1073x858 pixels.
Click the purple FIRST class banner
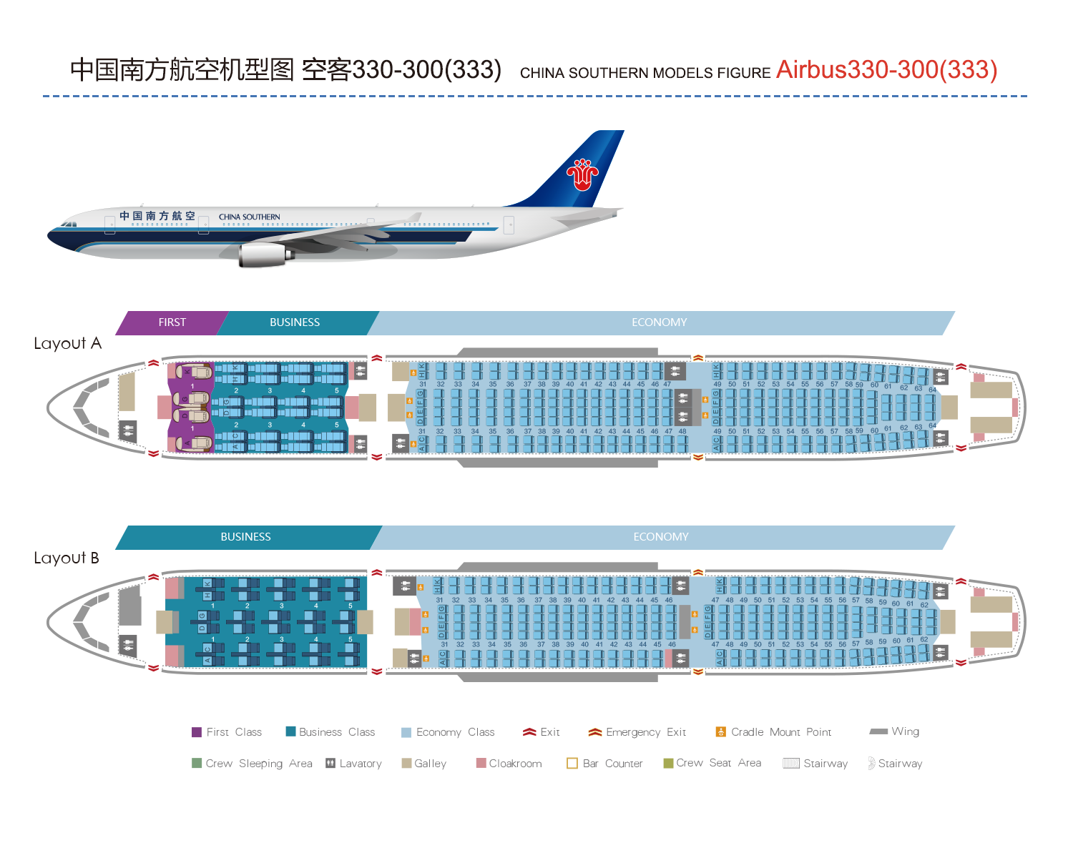point(172,322)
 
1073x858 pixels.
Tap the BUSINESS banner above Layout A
point(295,322)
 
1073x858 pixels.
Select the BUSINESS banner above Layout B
point(245,537)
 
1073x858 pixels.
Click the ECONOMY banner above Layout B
point(661,537)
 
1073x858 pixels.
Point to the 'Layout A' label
point(68,344)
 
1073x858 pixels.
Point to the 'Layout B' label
point(67,558)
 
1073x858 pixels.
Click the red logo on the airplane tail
point(582,174)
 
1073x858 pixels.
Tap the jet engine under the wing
point(263,255)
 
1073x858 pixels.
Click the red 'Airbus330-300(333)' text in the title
point(886,70)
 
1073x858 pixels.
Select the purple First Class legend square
point(197,732)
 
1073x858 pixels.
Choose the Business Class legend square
point(290,731)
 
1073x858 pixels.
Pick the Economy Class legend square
point(406,732)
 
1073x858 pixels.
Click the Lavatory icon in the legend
point(330,763)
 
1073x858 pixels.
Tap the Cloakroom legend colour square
point(481,763)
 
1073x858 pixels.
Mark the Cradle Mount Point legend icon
point(721,731)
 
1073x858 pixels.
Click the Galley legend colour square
point(406,763)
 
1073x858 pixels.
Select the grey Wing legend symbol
point(878,731)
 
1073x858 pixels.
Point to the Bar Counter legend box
point(572,763)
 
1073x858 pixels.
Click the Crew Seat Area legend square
point(668,763)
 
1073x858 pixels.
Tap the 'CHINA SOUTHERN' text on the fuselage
point(250,217)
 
